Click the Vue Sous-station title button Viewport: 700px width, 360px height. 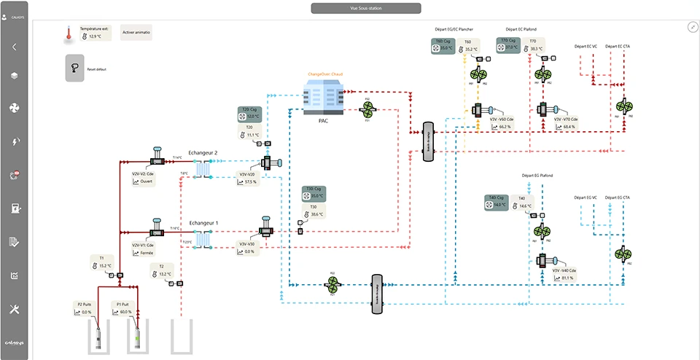pyautogui.click(x=365, y=8)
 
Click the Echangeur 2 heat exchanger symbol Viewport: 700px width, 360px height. pyautogui.click(x=201, y=168)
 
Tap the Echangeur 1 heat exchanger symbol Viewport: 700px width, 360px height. pyautogui.click(x=201, y=238)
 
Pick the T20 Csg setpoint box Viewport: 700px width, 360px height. pyautogui.click(x=249, y=113)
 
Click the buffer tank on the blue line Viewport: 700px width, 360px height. pyautogui.click(x=377, y=294)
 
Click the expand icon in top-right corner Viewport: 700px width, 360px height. pyautogui.click(x=691, y=26)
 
